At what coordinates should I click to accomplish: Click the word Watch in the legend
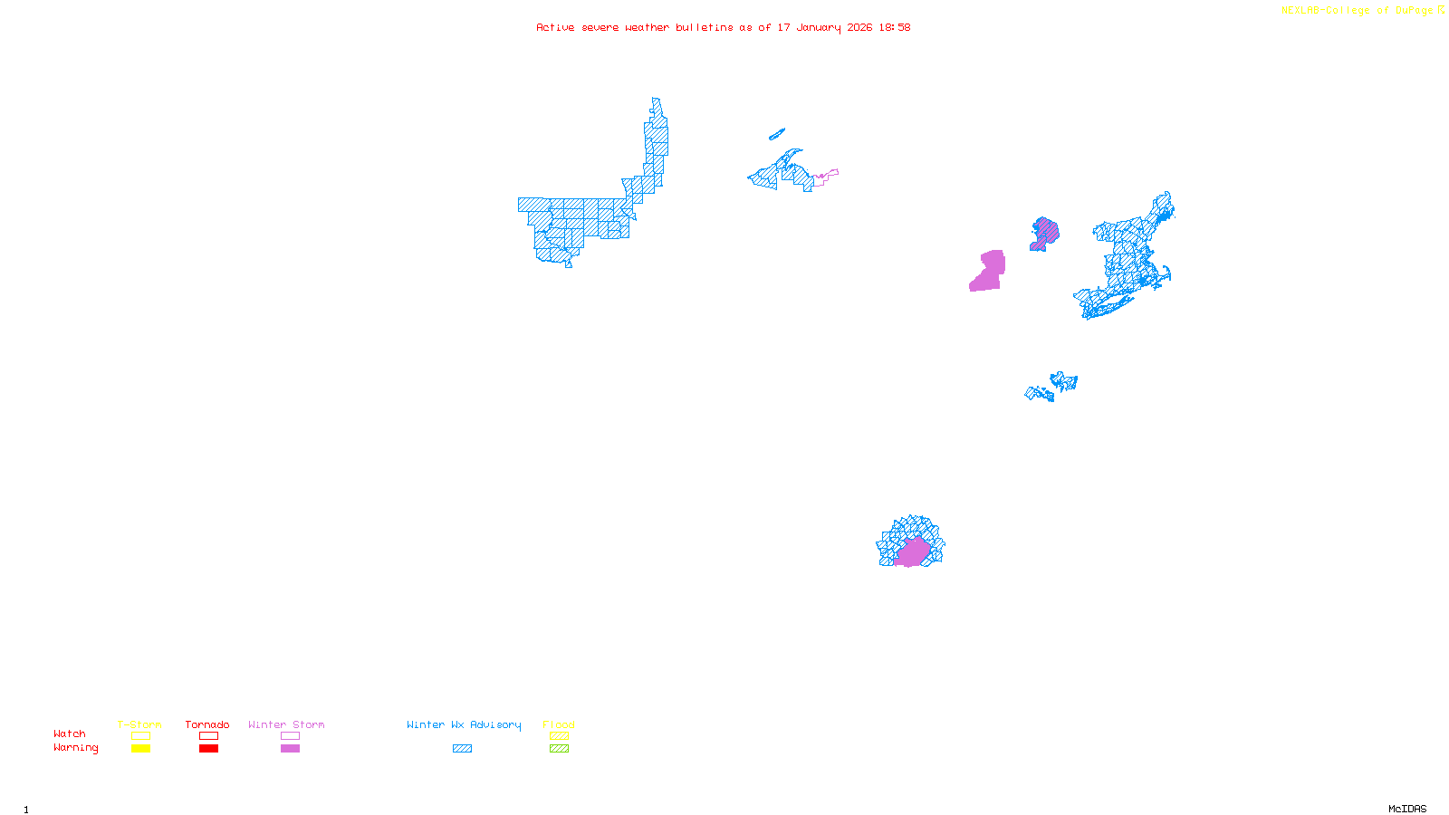coord(70,733)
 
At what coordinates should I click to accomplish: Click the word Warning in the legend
coord(75,748)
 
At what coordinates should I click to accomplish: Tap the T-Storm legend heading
coord(139,724)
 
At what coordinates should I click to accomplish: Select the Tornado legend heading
coord(207,724)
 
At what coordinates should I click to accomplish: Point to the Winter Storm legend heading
coord(286,724)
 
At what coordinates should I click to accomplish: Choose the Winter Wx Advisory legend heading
coord(464,724)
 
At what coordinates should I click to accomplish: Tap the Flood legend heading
coord(559,724)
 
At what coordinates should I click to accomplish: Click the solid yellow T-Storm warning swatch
coord(140,749)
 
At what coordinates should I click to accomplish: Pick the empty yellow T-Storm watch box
coord(140,736)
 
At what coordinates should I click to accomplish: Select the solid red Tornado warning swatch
coord(209,749)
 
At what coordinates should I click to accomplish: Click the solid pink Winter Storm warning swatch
coord(290,749)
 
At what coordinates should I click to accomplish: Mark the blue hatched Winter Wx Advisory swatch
coord(463,749)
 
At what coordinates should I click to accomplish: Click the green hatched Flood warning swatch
coord(560,749)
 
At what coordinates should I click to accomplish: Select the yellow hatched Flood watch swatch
coord(560,736)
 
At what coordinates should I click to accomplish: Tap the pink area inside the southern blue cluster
coord(912,551)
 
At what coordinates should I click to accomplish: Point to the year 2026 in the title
coord(859,27)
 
